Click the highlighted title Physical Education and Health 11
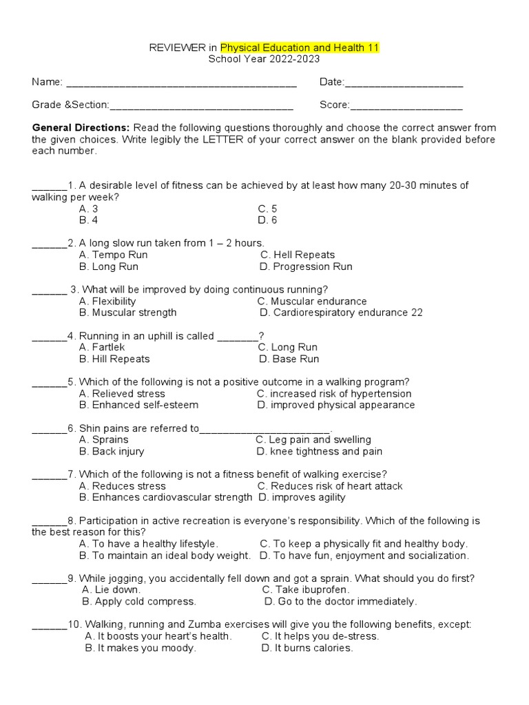point(300,48)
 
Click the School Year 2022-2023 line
point(264,59)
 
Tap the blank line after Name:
point(180,83)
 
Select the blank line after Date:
point(404,83)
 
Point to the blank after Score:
point(406,106)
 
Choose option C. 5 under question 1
point(267,209)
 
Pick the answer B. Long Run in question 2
point(109,266)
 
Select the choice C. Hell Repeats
point(298,255)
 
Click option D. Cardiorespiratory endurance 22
point(341,313)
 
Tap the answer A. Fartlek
point(102,347)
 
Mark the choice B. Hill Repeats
point(114,359)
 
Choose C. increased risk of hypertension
point(334,394)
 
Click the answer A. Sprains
point(104,439)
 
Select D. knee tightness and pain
point(320,452)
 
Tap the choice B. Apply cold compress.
point(138,601)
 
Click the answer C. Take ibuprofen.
point(306,589)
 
